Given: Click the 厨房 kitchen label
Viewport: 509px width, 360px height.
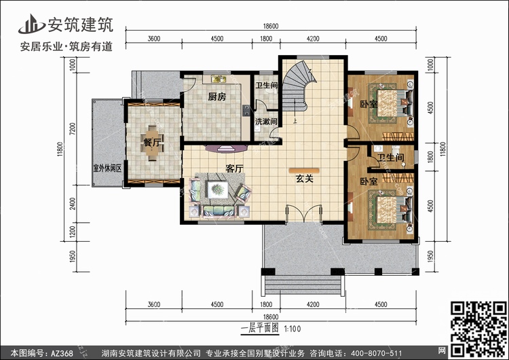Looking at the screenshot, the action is point(217,96).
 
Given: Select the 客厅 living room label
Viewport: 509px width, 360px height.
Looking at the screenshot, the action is point(234,168).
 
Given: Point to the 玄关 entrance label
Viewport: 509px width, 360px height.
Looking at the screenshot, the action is point(304,179).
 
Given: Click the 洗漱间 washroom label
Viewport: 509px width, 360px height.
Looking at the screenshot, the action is point(266,122).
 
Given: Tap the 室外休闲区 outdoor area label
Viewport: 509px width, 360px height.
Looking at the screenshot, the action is point(107,168).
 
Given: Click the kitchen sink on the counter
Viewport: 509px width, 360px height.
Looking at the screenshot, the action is point(219,79).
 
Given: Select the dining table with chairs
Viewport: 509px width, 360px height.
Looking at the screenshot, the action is point(153,143).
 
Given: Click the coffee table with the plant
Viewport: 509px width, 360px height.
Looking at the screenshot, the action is point(217,189).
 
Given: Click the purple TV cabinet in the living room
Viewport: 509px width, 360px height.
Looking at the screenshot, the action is point(226,149).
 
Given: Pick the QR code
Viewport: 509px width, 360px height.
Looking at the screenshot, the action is point(478,329).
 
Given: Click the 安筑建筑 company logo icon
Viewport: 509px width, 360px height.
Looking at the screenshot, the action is point(32,24).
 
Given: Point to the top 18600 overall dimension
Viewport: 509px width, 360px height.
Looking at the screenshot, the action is point(271,26).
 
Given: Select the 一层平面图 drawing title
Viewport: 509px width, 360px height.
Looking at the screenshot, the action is point(260,328).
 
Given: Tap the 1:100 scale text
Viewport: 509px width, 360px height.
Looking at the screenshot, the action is point(293,329).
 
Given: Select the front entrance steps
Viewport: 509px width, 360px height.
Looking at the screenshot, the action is point(303,285).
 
